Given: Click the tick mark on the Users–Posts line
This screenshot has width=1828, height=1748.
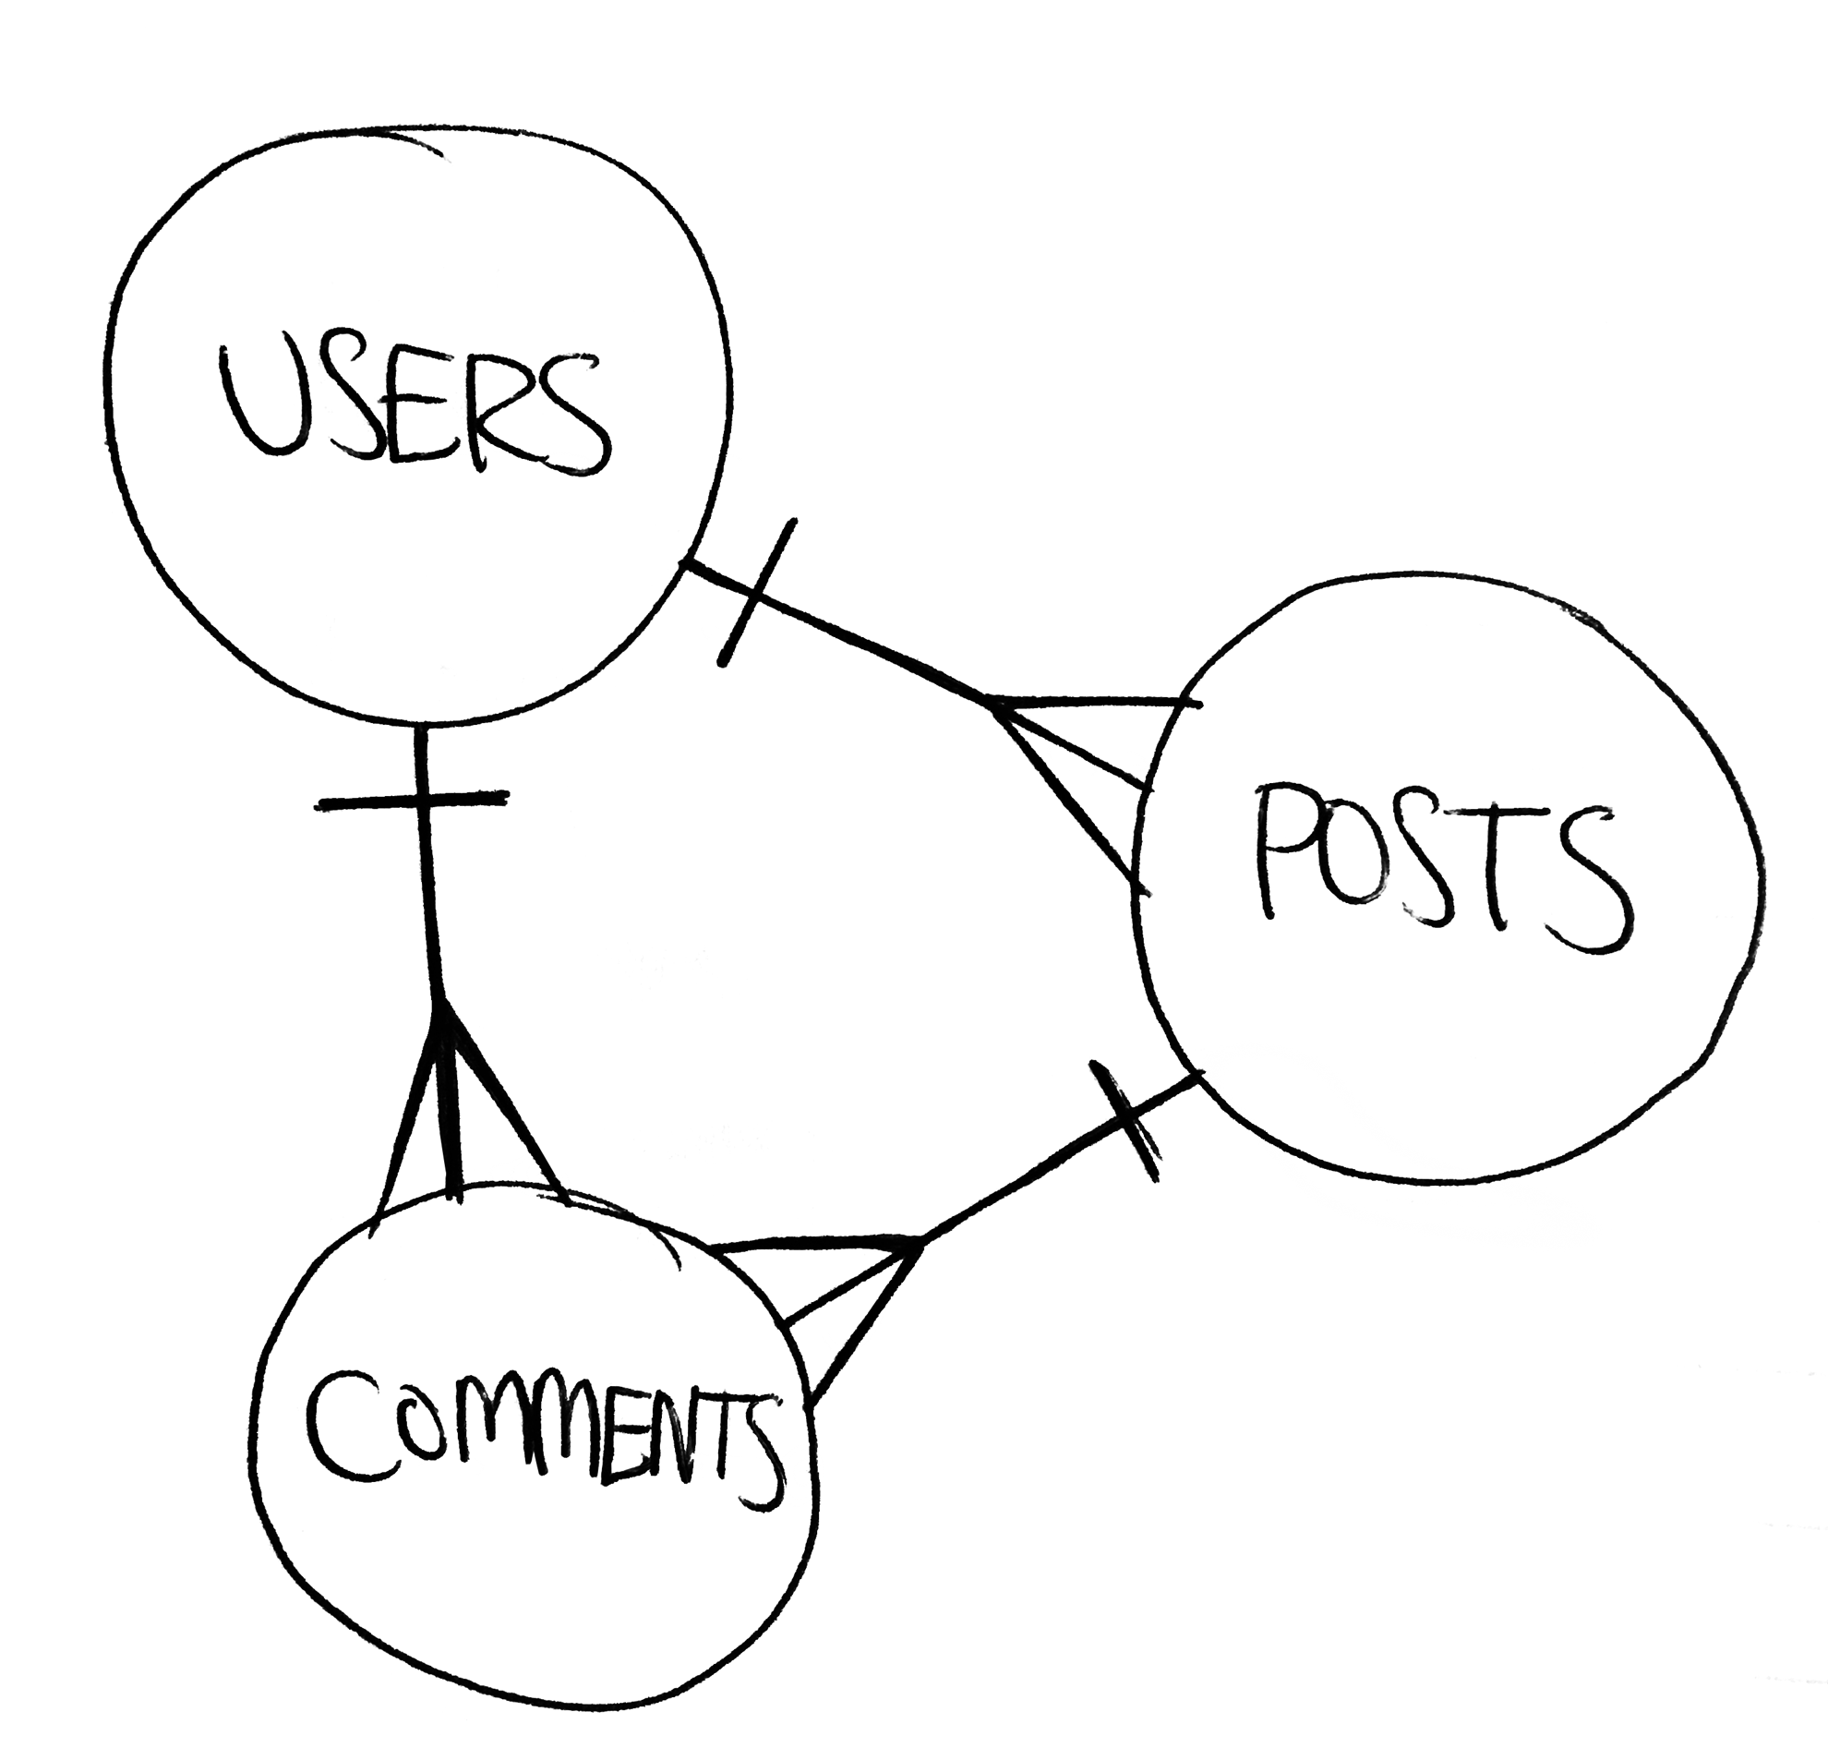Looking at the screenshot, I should pyautogui.click(x=756, y=593).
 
